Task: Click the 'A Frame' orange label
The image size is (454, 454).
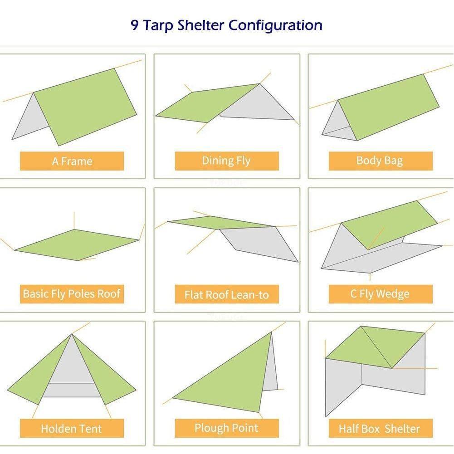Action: click(x=72, y=161)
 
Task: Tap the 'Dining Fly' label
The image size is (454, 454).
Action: click(x=226, y=161)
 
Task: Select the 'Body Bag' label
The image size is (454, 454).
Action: click(x=380, y=161)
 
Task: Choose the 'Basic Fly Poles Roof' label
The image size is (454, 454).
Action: click(x=72, y=294)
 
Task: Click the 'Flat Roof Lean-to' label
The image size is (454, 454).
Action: click(x=226, y=295)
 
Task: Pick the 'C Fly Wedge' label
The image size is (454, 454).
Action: click(x=380, y=294)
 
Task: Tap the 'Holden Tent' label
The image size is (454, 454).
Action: click(x=72, y=428)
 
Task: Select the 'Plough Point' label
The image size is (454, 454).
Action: click(x=226, y=428)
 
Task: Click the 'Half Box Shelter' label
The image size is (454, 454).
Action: click(x=380, y=428)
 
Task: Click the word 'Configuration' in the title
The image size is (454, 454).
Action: click(x=275, y=25)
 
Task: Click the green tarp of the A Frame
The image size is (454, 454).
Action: click(x=86, y=107)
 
